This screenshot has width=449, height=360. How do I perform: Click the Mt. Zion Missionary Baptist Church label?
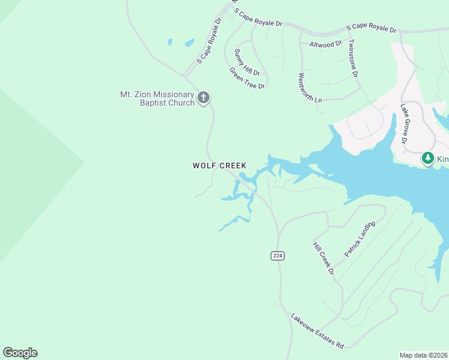point(157,98)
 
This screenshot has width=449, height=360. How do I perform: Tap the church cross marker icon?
point(203,97)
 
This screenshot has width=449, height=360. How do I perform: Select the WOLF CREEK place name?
point(219,166)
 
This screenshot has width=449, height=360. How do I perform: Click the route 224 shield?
point(277,256)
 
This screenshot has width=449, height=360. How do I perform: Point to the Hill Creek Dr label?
point(323,259)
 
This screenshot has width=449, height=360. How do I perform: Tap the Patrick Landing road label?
point(360,239)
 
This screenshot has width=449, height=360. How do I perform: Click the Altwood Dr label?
point(325,44)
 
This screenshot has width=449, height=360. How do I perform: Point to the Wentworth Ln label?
point(310,88)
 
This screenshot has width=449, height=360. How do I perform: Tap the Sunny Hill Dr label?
point(247,62)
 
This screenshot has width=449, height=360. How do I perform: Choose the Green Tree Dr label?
point(247,78)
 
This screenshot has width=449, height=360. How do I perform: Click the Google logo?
point(20,353)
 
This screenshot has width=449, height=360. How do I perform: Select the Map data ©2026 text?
point(423,355)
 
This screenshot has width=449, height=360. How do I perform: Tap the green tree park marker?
point(427,158)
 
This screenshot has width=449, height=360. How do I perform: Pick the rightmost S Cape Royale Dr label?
point(372,29)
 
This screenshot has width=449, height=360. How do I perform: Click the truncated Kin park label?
point(442,159)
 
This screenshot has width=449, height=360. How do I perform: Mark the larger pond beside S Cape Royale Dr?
point(189,43)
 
